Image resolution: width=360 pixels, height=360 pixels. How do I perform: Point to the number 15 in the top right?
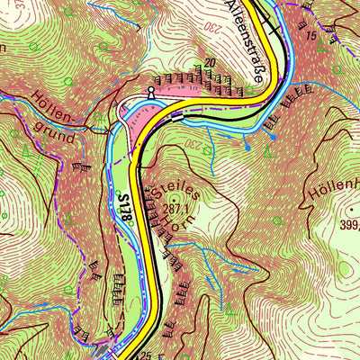pos(310,35)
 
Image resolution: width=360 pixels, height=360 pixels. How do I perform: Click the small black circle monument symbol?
pos(151,92)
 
